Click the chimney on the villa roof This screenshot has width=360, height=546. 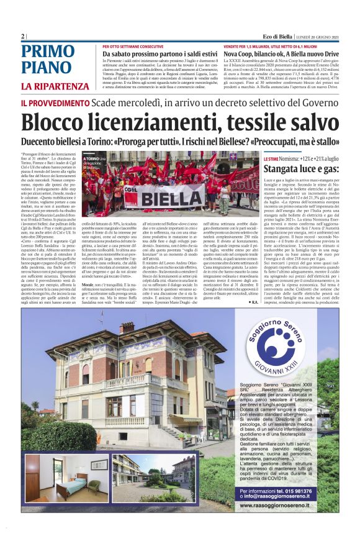(x=127, y=327)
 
